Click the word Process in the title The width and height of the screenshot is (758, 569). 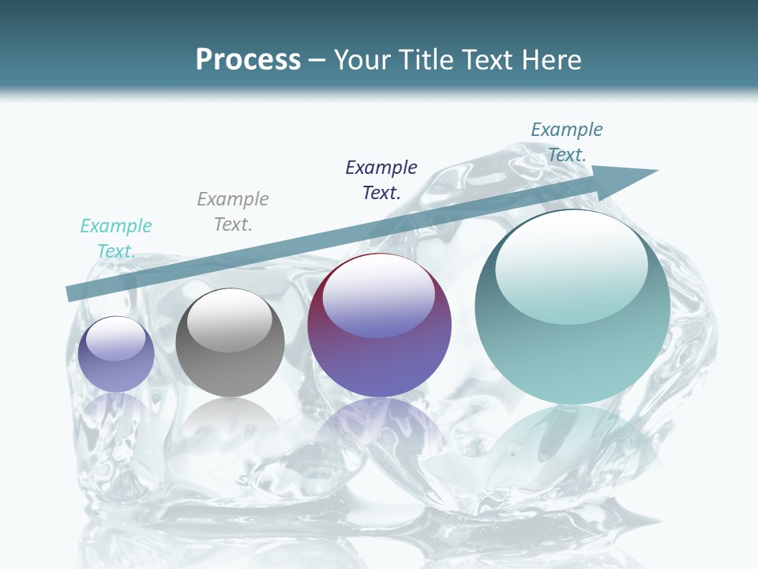tap(248, 60)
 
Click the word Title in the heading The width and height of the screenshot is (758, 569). tap(424, 60)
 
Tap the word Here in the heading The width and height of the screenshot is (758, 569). tap(549, 60)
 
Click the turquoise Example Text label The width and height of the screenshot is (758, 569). tap(116, 238)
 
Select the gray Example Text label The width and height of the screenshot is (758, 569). tap(233, 211)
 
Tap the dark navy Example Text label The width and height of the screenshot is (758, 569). tap(381, 179)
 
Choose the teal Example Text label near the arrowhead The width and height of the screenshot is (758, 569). tap(567, 141)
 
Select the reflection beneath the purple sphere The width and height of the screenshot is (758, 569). tap(379, 423)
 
